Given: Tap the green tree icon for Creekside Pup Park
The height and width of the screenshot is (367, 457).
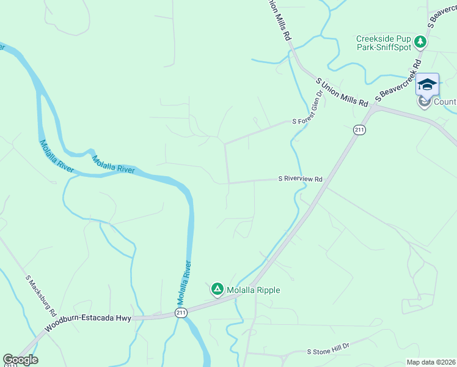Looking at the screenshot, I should [x=420, y=42].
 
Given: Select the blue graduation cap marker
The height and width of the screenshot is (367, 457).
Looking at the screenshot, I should [x=427, y=84].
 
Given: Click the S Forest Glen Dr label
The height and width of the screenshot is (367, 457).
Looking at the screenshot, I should [x=307, y=108].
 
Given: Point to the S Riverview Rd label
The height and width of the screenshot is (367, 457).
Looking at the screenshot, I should [x=300, y=179].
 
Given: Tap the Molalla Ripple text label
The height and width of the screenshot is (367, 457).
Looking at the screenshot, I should [x=253, y=290].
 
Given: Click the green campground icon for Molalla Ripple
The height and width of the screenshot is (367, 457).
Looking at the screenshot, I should [x=217, y=289].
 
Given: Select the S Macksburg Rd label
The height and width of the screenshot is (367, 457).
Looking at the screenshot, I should [x=41, y=291].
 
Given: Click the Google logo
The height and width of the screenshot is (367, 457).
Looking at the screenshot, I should [x=20, y=360].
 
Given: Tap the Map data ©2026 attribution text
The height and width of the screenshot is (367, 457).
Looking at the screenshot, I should [x=430, y=362].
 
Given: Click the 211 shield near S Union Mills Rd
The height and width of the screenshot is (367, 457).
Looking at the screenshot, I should [x=359, y=130].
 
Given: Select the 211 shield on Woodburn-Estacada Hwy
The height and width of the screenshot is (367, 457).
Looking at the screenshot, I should [x=180, y=313].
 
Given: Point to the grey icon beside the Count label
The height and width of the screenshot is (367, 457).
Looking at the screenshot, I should [x=425, y=102].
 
